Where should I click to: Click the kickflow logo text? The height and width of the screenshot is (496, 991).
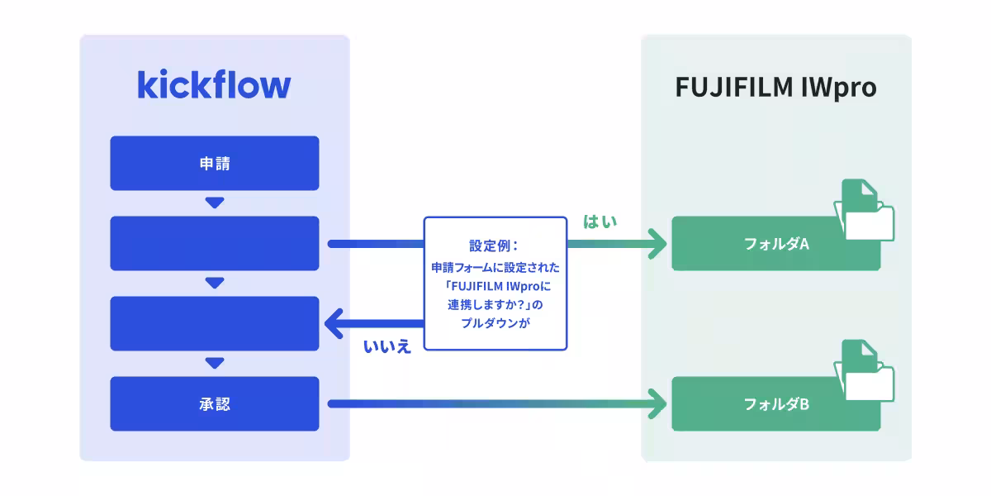pyautogui.click(x=214, y=86)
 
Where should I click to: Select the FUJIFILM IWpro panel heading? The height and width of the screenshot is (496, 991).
pyautogui.click(x=775, y=88)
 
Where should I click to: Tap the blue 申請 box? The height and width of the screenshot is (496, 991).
pyautogui.click(x=215, y=164)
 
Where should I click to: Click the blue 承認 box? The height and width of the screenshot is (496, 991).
pyautogui.click(x=215, y=404)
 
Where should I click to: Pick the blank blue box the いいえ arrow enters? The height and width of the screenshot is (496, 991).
pyautogui.click(x=215, y=323)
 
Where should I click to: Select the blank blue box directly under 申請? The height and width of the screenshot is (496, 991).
pyautogui.click(x=215, y=243)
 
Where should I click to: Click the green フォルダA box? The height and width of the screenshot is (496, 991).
pyautogui.click(x=764, y=245)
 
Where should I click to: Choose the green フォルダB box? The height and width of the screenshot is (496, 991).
pyautogui.click(x=764, y=405)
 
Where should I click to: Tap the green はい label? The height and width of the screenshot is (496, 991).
pyautogui.click(x=600, y=222)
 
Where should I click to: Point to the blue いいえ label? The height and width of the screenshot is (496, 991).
pyautogui.click(x=386, y=346)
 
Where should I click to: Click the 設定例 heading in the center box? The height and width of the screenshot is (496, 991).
pyautogui.click(x=494, y=246)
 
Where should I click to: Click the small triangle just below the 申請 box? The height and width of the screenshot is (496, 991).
pyautogui.click(x=215, y=203)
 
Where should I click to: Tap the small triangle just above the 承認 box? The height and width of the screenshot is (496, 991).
pyautogui.click(x=215, y=363)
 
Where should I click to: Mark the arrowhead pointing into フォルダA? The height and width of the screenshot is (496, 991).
pyautogui.click(x=658, y=244)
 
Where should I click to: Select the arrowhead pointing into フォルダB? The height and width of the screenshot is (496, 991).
pyautogui.click(x=658, y=404)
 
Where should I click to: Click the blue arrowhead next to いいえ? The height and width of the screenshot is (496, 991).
pyautogui.click(x=334, y=324)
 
